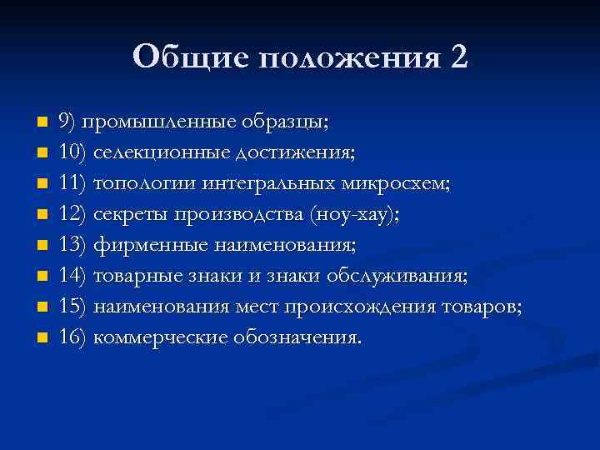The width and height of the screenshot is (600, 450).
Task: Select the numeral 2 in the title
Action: pos(458,57)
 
